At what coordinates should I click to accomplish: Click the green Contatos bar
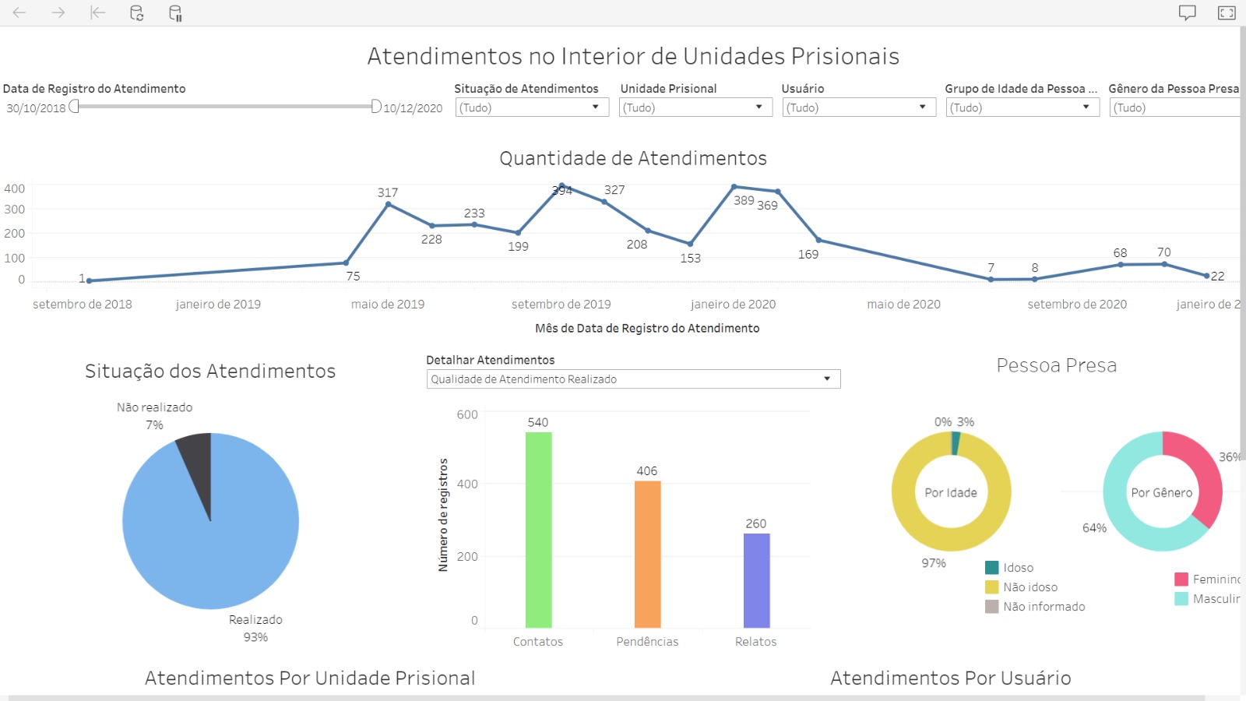pyautogui.click(x=538, y=530)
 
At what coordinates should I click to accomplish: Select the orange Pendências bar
pyautogui.click(x=647, y=554)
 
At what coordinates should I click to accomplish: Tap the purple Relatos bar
pyautogui.click(x=756, y=580)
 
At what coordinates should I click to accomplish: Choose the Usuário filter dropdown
pyautogui.click(x=858, y=107)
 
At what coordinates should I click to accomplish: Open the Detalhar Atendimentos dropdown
pyautogui.click(x=633, y=379)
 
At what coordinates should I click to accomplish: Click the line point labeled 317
pyautogui.click(x=389, y=204)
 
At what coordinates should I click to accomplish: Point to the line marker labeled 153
pyautogui.click(x=690, y=244)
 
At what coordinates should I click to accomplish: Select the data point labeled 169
pyautogui.click(x=818, y=240)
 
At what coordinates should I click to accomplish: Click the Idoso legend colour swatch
pyautogui.click(x=992, y=568)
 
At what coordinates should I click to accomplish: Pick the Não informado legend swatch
pyautogui.click(x=992, y=607)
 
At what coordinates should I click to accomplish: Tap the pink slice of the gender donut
pyautogui.click(x=1199, y=475)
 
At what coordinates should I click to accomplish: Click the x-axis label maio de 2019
pyautogui.click(x=388, y=305)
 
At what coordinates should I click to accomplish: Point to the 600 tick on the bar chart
pyautogui.click(x=467, y=414)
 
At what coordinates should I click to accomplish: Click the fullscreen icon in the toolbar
pyautogui.click(x=1227, y=12)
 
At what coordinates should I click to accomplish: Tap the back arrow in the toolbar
pyautogui.click(x=19, y=12)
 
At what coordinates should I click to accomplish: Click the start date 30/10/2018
pyautogui.click(x=36, y=108)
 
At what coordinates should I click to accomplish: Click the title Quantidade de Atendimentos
pyautogui.click(x=633, y=158)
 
